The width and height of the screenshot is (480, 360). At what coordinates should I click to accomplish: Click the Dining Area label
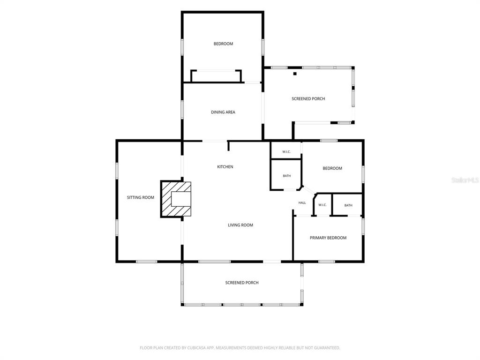(223, 112)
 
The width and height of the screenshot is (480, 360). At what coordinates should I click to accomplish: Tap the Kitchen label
(225, 166)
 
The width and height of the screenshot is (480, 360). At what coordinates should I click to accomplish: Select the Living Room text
(240, 225)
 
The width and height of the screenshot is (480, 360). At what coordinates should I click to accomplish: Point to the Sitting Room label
(141, 197)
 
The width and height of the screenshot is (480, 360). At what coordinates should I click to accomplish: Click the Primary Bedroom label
(328, 238)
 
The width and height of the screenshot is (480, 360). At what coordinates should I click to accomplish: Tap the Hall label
(302, 202)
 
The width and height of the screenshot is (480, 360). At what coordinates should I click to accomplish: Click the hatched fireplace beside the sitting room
(176, 199)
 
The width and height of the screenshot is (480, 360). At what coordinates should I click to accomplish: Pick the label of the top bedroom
(223, 44)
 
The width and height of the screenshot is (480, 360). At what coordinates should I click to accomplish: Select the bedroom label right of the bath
(332, 168)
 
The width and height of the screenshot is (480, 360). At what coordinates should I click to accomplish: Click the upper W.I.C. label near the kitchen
(286, 151)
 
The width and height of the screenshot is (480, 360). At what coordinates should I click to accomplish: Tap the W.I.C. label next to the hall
(322, 205)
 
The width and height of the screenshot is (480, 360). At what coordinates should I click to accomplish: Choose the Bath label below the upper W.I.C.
(287, 176)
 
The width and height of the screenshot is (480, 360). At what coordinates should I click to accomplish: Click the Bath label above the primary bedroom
(348, 205)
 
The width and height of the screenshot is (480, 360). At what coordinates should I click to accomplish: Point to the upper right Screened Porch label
(308, 98)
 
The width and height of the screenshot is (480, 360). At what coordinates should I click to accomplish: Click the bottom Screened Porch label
(242, 283)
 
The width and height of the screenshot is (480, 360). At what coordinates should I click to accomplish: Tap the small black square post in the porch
(295, 74)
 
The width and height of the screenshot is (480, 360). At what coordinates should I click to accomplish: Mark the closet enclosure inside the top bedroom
(216, 76)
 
